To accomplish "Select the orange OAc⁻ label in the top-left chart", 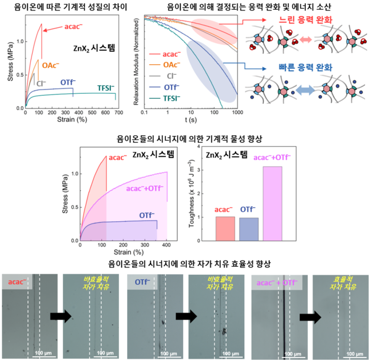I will (51, 64).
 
